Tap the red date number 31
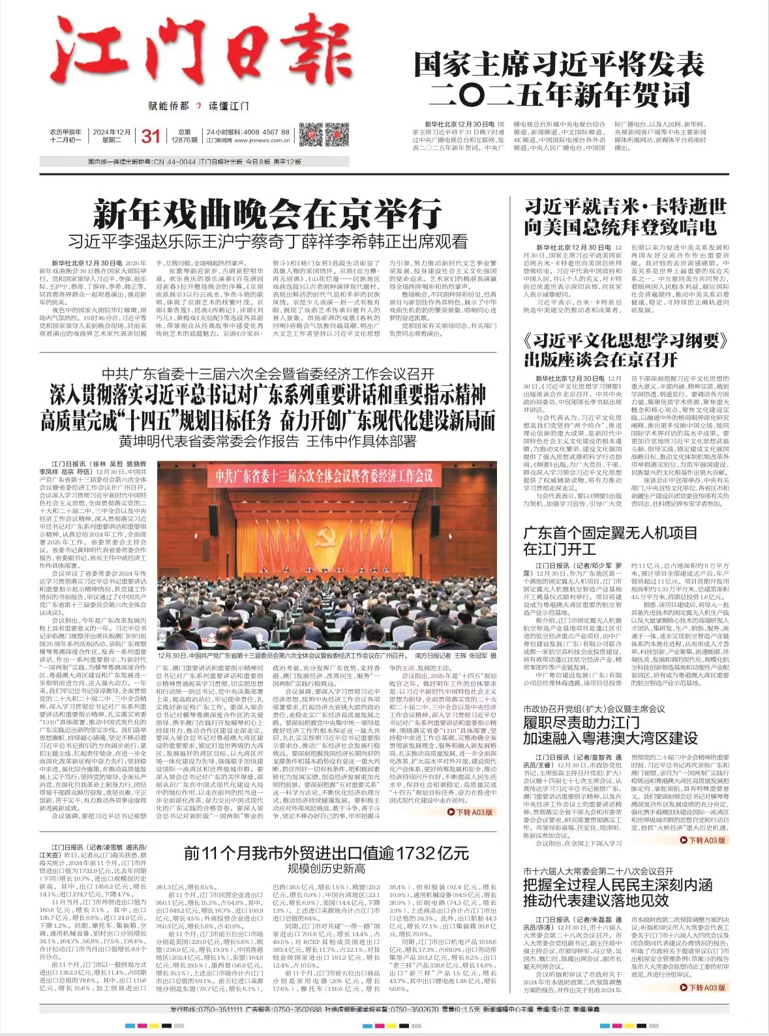(151, 136)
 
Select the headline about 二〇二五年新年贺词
(559, 80)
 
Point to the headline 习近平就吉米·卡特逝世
(625, 208)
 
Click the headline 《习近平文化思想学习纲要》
(625, 341)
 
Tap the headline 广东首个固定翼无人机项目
(611, 533)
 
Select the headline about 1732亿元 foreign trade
(326, 853)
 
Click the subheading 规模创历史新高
(326, 868)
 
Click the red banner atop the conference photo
(324, 475)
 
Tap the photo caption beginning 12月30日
(326, 655)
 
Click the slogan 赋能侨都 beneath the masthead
(169, 106)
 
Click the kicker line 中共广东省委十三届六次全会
(267, 374)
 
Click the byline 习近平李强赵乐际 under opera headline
(267, 242)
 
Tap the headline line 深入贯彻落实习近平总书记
(267, 395)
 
